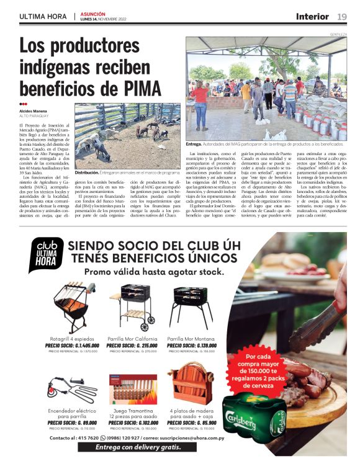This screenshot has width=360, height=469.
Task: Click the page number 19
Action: (x=342, y=16)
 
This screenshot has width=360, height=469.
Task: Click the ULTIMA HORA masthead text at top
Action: (x=44, y=16)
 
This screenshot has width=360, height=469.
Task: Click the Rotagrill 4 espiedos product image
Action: (x=70, y=308)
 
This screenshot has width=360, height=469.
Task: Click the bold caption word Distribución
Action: (x=86, y=172)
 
